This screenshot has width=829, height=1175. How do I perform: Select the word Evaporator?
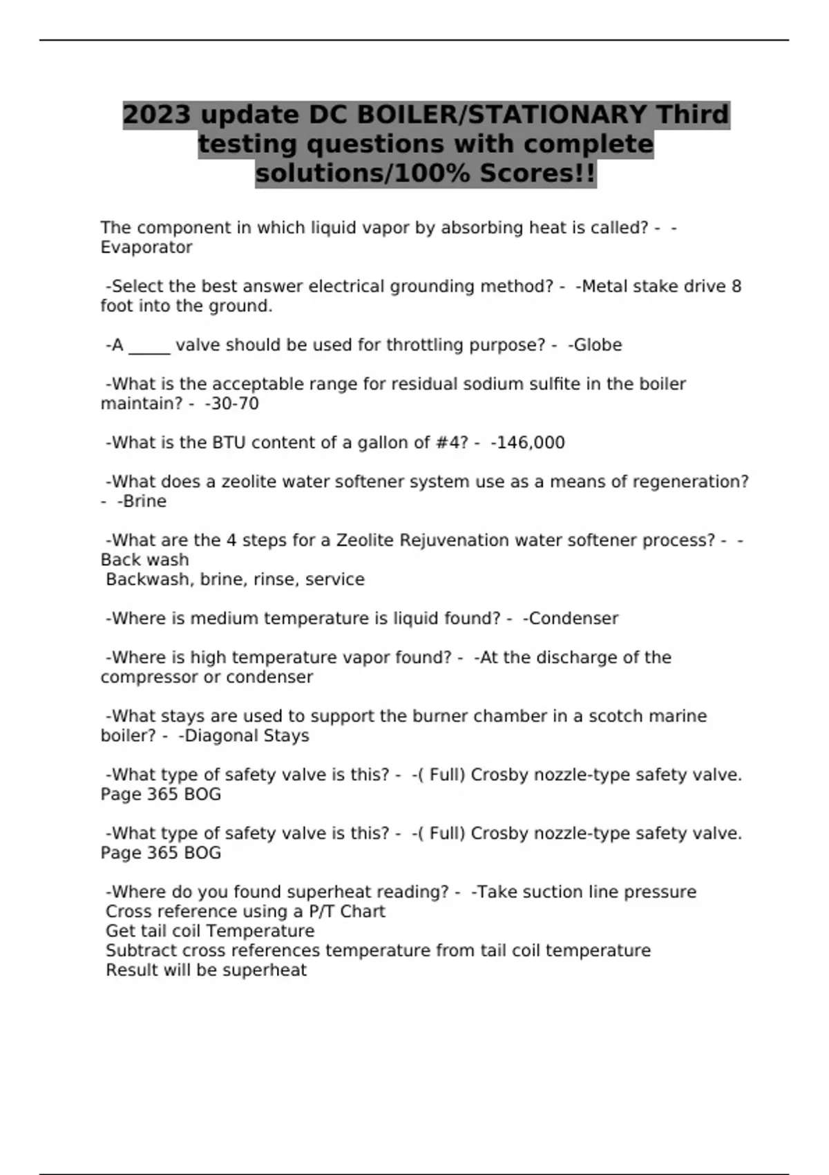click(x=146, y=247)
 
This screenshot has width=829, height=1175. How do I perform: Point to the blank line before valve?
click(x=149, y=347)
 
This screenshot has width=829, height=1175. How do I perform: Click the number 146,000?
click(x=530, y=443)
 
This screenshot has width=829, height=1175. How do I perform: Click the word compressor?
click(x=150, y=678)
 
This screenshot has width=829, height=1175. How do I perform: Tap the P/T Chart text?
click(x=347, y=912)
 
